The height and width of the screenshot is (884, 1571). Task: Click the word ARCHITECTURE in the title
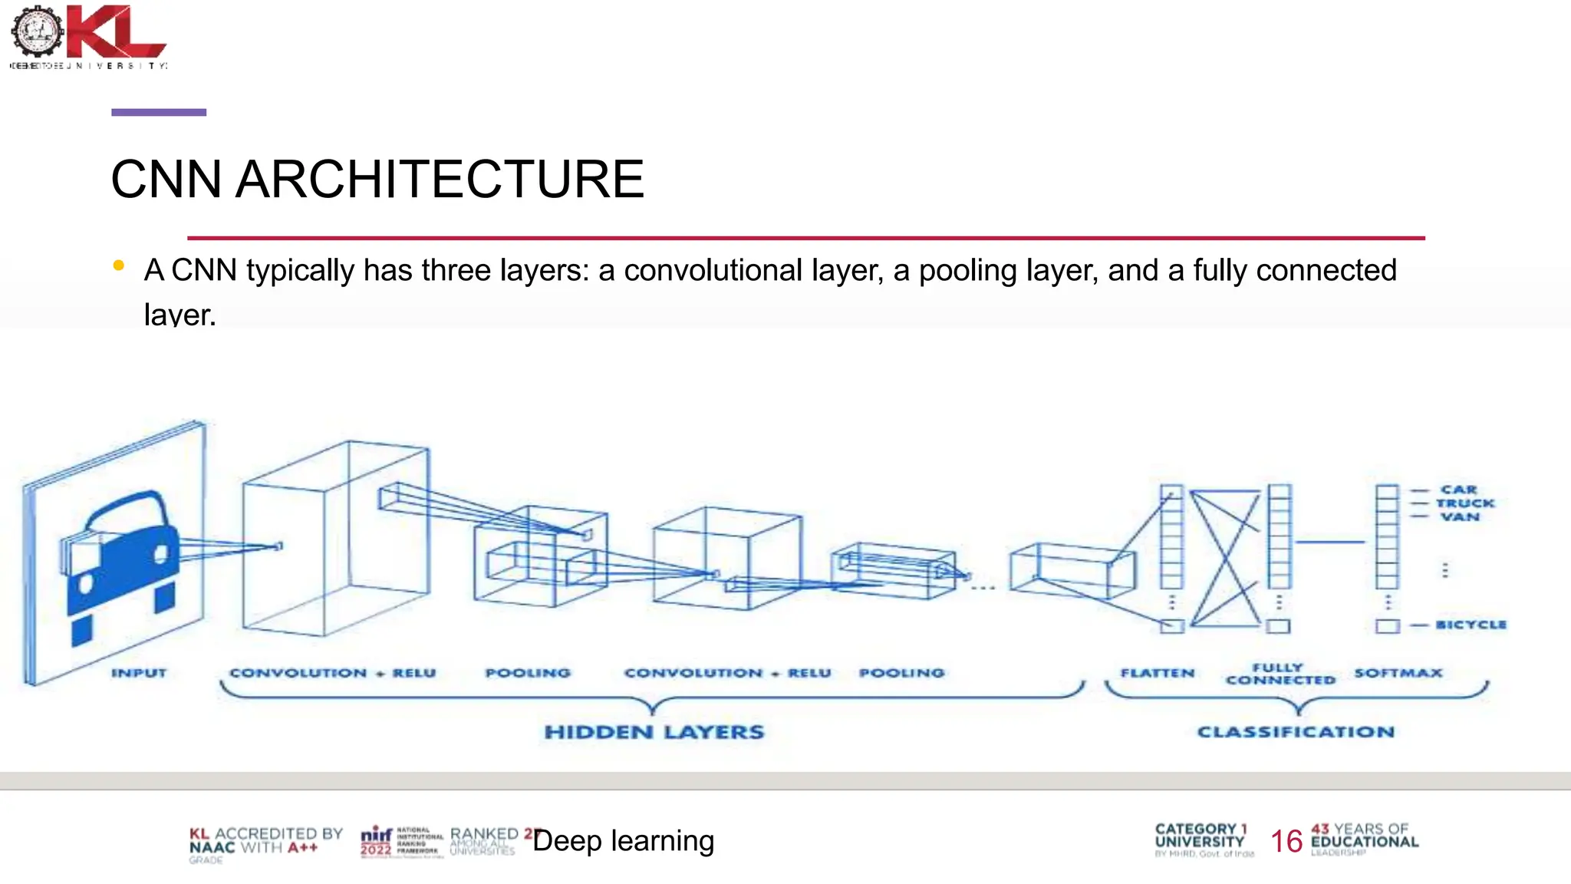[440, 180]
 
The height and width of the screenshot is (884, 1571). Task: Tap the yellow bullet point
[118, 266]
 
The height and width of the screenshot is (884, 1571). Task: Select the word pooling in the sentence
[967, 271]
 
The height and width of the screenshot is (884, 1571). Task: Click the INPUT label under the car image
[139, 673]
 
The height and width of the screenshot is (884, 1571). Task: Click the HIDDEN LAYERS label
[654, 732]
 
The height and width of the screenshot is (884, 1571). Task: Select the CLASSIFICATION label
[1296, 732]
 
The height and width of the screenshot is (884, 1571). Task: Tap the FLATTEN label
[1158, 673]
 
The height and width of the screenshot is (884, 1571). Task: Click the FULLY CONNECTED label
[1280, 674]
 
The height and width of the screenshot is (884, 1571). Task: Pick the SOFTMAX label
[1398, 673]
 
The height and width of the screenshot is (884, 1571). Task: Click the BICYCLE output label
[1471, 625]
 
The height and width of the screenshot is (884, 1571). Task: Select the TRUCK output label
[1465, 503]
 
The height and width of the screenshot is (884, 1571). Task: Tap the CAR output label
[1458, 490]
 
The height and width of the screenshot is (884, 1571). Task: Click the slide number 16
[1286, 842]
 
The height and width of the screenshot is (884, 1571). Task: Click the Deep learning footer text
[624, 841]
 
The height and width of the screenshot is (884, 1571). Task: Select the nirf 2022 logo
[377, 841]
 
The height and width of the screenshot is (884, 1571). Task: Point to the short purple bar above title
[159, 112]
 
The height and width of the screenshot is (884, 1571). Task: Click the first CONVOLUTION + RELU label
[333, 673]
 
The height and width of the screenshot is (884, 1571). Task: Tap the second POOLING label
[901, 673]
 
